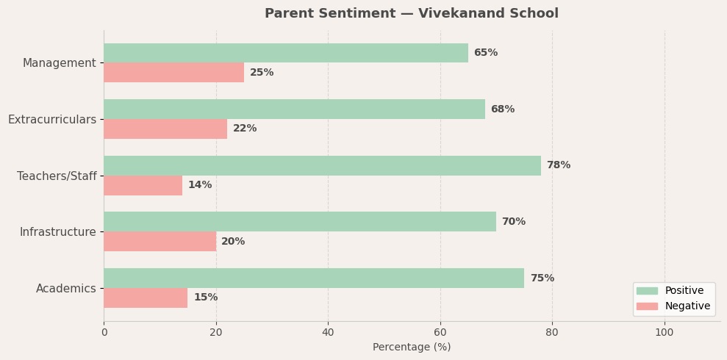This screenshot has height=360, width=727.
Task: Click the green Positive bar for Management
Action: (285, 53)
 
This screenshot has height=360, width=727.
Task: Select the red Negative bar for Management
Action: (173, 73)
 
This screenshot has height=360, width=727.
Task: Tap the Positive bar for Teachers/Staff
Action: (322, 165)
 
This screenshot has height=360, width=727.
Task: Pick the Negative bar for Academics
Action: (146, 298)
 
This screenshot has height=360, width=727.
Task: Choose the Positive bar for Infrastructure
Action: (300, 222)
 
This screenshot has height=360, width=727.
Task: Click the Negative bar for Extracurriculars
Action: (165, 129)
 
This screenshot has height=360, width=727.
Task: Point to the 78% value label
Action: (559, 165)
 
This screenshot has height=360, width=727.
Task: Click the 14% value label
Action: (200, 185)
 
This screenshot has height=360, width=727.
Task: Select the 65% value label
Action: (486, 53)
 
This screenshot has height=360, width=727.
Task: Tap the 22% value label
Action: (245, 129)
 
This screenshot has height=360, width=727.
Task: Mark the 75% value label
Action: (542, 278)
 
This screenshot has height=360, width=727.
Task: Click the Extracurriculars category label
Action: (52, 119)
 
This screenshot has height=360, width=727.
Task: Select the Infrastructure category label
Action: (58, 232)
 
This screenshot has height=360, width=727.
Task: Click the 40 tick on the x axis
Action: (328, 332)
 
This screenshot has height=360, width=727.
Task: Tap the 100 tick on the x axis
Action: (665, 332)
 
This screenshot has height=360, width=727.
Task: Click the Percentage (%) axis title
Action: (412, 347)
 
